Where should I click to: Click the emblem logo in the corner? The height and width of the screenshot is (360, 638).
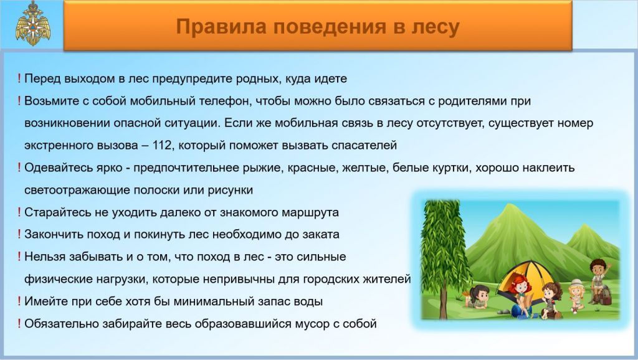click(x=34, y=23)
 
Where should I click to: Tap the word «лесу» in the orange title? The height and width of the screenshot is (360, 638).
click(x=436, y=27)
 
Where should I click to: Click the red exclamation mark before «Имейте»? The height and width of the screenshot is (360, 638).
click(x=19, y=301)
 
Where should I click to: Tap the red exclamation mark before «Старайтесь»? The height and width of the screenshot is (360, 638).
click(x=19, y=212)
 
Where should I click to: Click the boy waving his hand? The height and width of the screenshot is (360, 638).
click(x=599, y=280)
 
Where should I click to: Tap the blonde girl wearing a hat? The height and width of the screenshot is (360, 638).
click(x=576, y=296)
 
